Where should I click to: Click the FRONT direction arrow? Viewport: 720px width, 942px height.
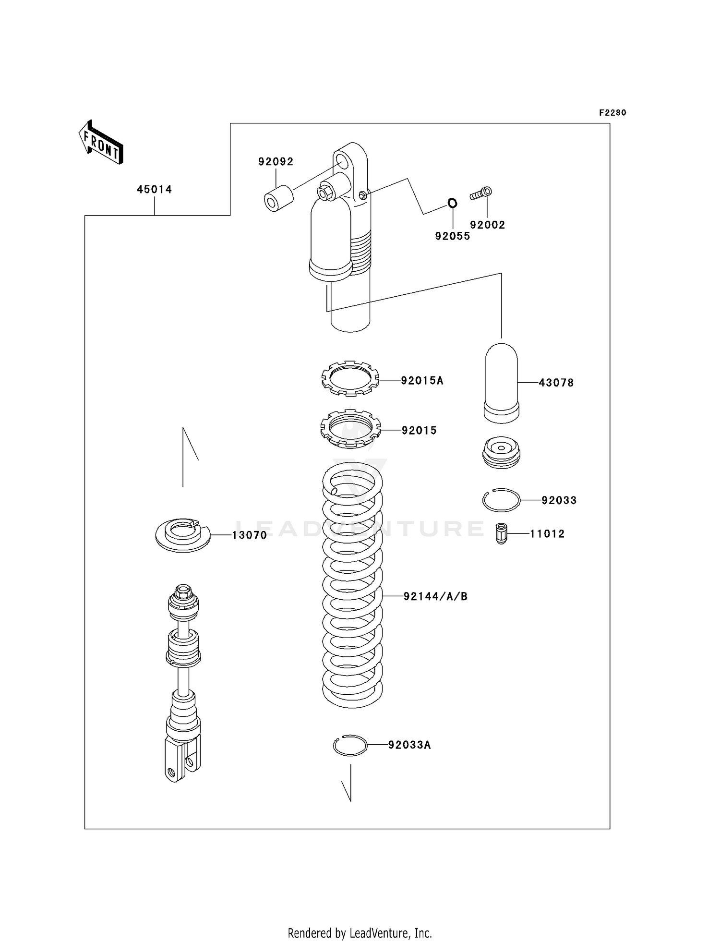(101, 143)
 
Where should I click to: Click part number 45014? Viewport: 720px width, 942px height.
(154, 190)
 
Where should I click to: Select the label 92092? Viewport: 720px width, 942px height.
(276, 162)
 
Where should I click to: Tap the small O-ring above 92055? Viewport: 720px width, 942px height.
(452, 203)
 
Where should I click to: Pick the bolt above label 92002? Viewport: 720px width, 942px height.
(481, 194)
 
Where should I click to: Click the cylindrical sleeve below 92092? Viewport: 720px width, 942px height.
(278, 199)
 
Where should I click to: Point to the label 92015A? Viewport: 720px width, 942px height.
(422, 381)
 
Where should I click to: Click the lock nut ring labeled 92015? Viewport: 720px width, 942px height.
(350, 429)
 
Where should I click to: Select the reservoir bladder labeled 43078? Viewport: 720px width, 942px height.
(501, 383)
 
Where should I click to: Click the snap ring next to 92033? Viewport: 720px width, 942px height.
(501, 500)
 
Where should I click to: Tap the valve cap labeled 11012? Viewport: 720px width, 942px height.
(501, 533)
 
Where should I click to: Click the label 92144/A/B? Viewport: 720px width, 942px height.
(435, 596)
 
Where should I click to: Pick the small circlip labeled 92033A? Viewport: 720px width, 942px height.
(350, 745)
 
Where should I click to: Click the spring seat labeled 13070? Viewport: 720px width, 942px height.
(183, 535)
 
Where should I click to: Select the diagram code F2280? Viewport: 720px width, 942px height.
(612, 113)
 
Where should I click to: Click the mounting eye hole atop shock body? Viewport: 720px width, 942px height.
(342, 160)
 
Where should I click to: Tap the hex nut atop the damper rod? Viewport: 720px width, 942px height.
(183, 592)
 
